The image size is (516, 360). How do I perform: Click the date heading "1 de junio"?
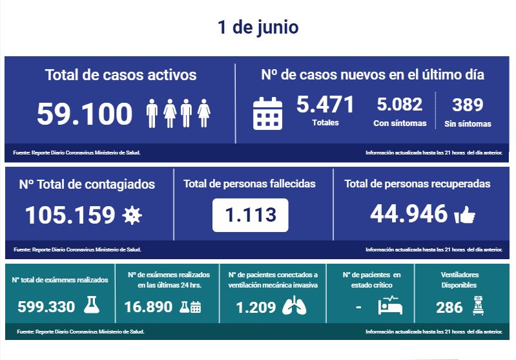[258, 28]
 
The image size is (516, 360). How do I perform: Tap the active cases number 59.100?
[85, 114]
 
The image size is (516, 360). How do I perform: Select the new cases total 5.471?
[325, 104]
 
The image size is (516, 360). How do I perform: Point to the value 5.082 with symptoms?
[399, 104]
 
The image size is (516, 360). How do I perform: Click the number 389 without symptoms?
[468, 105]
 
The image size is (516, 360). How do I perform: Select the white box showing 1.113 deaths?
[250, 215]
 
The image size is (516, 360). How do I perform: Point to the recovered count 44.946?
[409, 213]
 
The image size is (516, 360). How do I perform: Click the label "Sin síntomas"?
[468, 123]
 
